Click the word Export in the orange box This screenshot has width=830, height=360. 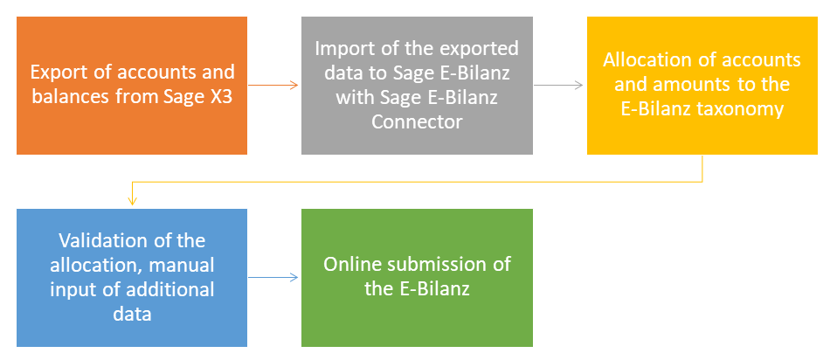click(x=56, y=73)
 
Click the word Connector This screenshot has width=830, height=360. click(x=417, y=121)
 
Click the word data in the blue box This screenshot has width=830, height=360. click(x=132, y=315)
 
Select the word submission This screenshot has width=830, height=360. click(x=442, y=264)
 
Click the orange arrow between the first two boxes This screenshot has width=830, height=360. click(x=273, y=85)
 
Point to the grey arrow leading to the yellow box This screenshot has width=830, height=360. click(x=558, y=85)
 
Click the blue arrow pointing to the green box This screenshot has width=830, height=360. click(x=273, y=277)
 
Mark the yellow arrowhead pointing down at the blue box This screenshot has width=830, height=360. click(x=132, y=201)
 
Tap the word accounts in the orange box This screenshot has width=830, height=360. click(x=156, y=73)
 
